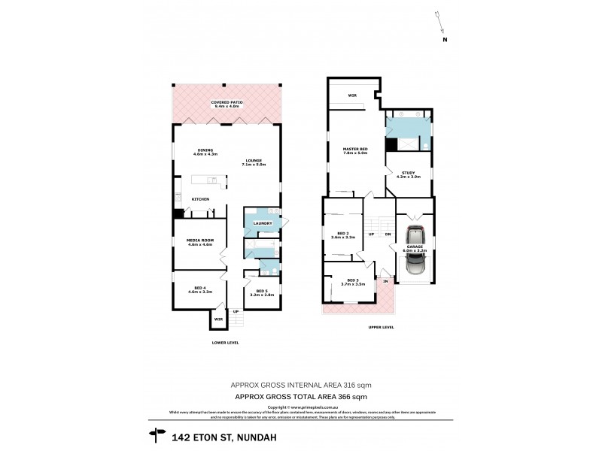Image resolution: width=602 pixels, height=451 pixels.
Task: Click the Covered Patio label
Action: (227, 104)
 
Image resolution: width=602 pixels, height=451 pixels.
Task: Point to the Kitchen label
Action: (199, 198)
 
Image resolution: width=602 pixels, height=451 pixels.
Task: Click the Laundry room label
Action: (263, 223)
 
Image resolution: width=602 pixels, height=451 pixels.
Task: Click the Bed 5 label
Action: (261, 292)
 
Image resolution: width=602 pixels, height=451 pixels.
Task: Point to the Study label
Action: (408, 174)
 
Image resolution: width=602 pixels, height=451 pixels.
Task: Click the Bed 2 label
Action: (343, 235)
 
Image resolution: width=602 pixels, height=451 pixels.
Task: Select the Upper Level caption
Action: (382, 328)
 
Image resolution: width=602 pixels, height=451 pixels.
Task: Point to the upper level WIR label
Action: (351, 95)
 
